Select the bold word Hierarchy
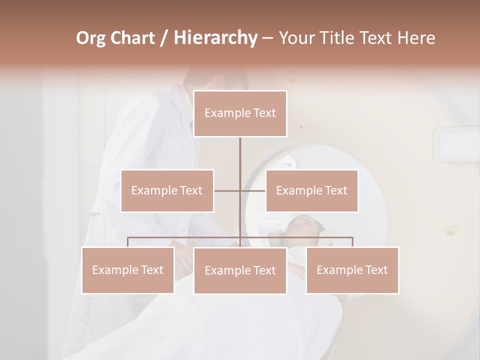pos(215,38)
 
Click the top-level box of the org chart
pos(240,113)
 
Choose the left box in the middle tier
pos(167,190)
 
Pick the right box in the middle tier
pos(311,190)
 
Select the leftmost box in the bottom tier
pos(127,270)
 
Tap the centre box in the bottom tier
pos(240,270)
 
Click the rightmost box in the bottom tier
pos(352,270)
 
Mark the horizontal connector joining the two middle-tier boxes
pos(252,190)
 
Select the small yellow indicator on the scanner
pos(449,232)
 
